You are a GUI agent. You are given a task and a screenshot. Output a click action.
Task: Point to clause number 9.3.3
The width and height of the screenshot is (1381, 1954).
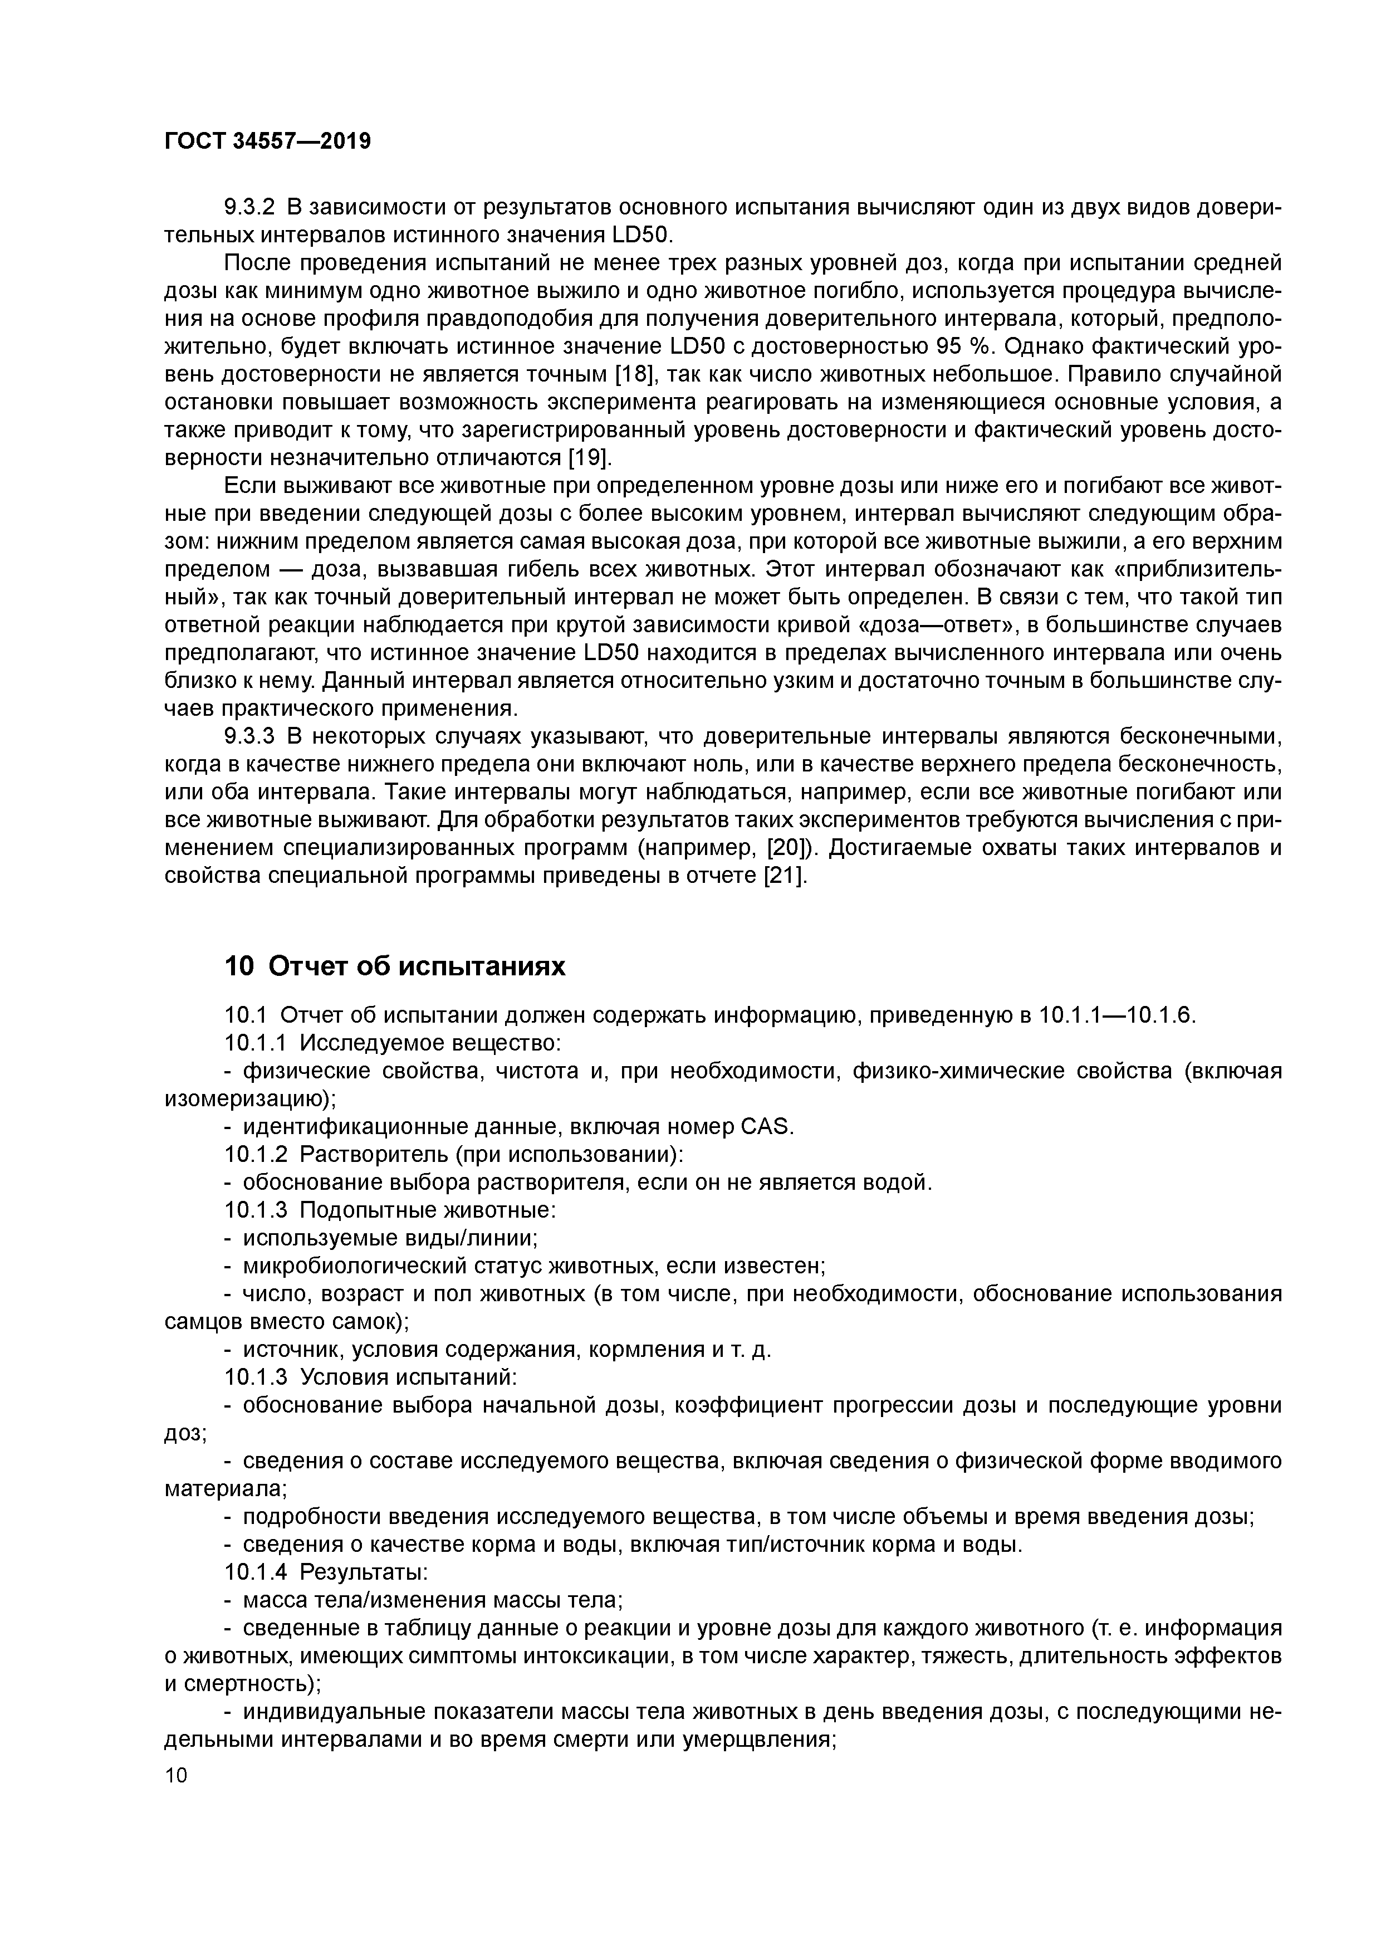coord(250,736)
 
